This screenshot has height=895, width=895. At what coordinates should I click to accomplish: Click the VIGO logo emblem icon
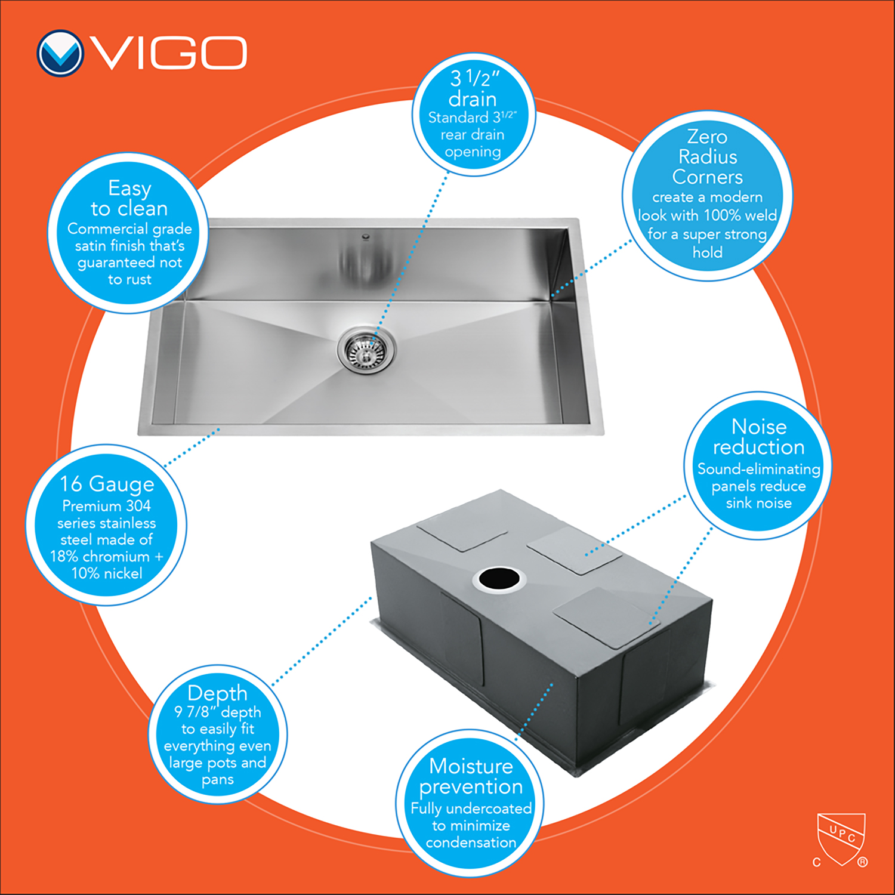tap(60, 53)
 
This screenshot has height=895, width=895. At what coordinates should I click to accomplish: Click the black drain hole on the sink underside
tap(499, 578)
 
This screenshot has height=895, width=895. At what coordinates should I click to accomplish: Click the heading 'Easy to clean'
tap(129, 199)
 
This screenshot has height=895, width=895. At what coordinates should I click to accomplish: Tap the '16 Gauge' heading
tap(107, 484)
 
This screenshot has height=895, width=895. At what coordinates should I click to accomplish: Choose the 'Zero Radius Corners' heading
tap(708, 157)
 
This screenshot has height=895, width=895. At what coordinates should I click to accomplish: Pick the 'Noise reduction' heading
tap(759, 437)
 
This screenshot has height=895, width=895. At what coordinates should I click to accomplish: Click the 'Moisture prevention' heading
tap(471, 777)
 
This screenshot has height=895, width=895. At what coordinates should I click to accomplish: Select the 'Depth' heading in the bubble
tap(217, 693)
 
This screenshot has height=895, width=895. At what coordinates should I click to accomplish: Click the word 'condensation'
tap(471, 842)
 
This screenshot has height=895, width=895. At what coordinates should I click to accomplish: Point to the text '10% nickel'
tap(107, 573)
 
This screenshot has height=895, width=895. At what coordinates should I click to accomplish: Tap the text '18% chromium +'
tap(106, 557)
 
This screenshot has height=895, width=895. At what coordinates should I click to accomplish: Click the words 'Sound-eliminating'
tap(759, 470)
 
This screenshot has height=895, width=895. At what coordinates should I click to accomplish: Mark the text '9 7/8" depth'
tap(217, 712)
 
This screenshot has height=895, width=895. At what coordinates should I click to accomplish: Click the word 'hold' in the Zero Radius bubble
tap(708, 252)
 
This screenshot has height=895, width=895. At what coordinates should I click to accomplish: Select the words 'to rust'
tap(129, 280)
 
